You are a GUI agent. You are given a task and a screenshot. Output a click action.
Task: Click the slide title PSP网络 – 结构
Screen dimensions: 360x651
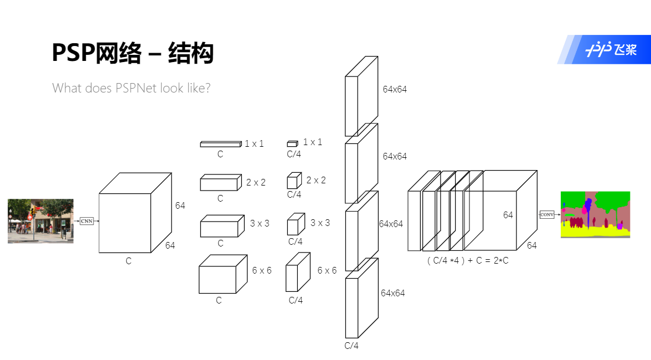click(132, 53)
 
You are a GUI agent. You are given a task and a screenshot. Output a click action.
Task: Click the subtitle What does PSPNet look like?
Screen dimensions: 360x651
click(131, 88)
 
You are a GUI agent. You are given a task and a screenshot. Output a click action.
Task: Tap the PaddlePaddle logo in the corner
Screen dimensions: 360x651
click(603, 50)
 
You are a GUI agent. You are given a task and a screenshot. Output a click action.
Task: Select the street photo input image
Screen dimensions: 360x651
click(40, 221)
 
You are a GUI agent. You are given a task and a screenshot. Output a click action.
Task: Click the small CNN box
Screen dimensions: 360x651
click(86, 221)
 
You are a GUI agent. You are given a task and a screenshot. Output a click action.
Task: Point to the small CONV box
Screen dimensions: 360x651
click(546, 214)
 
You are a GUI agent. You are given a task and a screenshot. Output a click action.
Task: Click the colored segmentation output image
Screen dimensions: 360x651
click(595, 214)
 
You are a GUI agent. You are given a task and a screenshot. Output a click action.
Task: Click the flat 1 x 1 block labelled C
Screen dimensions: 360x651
click(220, 144)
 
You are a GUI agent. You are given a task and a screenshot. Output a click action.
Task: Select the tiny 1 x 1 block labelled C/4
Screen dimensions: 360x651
click(292, 144)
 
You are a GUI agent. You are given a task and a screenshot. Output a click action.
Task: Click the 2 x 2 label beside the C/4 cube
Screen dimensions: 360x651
click(316, 181)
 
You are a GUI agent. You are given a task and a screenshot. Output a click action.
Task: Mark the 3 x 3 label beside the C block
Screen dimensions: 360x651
click(260, 224)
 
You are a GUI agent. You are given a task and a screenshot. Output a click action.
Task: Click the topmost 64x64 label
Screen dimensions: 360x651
click(395, 89)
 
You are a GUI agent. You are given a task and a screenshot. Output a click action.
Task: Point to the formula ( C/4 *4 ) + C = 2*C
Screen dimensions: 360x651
click(468, 260)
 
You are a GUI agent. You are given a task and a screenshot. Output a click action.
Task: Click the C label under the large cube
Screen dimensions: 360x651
click(128, 261)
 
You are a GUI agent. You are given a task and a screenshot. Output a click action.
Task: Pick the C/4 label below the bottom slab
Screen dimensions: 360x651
click(352, 346)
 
